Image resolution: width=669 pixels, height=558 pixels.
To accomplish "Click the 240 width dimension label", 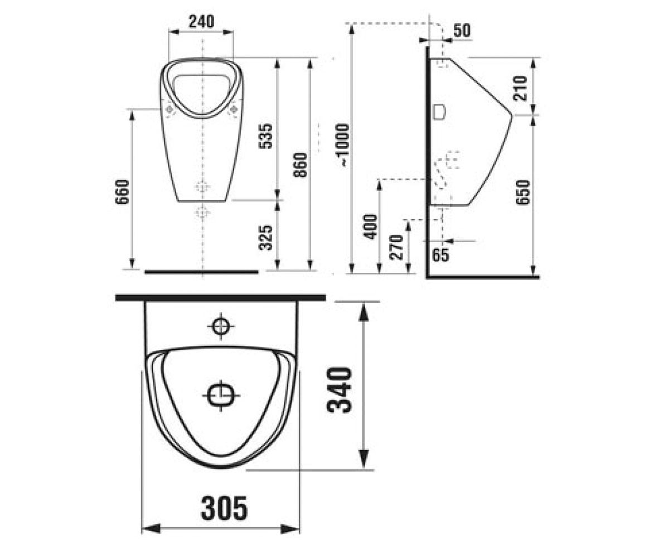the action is click(x=201, y=22).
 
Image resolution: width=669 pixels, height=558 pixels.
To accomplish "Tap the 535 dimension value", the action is click(x=265, y=136).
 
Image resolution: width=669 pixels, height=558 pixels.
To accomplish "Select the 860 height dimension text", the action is click(x=300, y=165).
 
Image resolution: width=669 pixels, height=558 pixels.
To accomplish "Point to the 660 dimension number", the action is click(x=122, y=192).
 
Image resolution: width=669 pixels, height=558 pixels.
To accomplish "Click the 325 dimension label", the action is click(x=265, y=238).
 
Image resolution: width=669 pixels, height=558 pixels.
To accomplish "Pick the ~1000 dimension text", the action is click(x=343, y=145).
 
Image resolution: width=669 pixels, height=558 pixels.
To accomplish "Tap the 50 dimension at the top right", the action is click(x=462, y=31).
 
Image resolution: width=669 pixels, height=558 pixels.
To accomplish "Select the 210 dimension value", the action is click(x=520, y=88).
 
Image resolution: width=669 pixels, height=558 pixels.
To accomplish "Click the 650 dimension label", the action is click(x=523, y=192).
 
